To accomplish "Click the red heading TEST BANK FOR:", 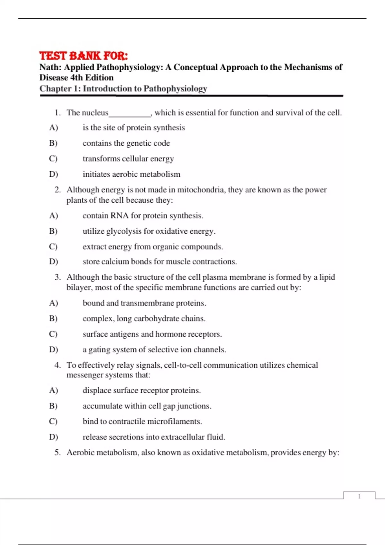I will coord(83,56).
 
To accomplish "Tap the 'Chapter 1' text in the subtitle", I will coord(60,88).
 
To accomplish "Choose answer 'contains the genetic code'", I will coord(126,143).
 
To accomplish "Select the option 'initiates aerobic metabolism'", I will coord(131,174).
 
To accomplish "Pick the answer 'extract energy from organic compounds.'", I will coord(153,247).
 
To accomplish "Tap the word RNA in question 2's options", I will coord(119,216).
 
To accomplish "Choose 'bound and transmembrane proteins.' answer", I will coord(144,303).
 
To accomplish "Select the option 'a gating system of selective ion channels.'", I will coord(154,350).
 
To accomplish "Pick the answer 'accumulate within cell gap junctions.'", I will coord(147,406).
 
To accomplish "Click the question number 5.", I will coord(57,453).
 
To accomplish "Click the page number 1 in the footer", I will coord(359,496).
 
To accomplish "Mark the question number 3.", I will coord(57,277).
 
